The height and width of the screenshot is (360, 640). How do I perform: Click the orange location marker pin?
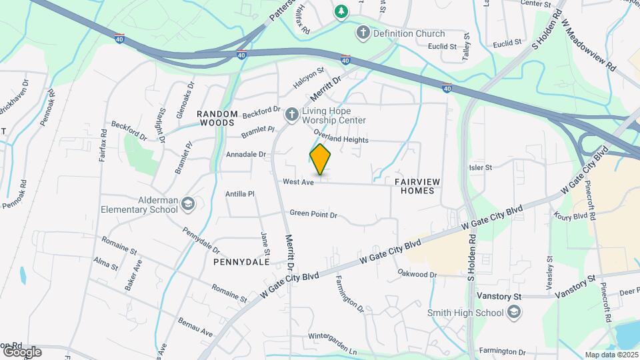(x=320, y=160)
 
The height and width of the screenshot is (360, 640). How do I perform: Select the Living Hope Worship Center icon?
(x=291, y=115)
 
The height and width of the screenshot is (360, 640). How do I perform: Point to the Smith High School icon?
(x=514, y=311)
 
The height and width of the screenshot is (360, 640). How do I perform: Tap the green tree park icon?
(x=341, y=11)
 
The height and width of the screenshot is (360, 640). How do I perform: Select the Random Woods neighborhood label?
(x=216, y=118)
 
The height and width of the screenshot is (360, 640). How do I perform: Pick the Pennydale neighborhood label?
(x=241, y=262)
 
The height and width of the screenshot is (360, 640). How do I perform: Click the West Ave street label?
(x=298, y=182)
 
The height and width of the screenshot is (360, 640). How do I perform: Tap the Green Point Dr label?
(x=313, y=215)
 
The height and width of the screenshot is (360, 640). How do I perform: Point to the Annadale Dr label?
(x=246, y=154)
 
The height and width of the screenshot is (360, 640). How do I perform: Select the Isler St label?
(x=480, y=168)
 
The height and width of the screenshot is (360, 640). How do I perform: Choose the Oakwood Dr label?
(x=417, y=274)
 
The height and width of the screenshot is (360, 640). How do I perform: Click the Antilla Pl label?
(x=241, y=194)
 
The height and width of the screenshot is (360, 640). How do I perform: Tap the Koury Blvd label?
(x=570, y=216)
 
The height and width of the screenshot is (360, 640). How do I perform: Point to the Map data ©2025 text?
(x=611, y=355)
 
